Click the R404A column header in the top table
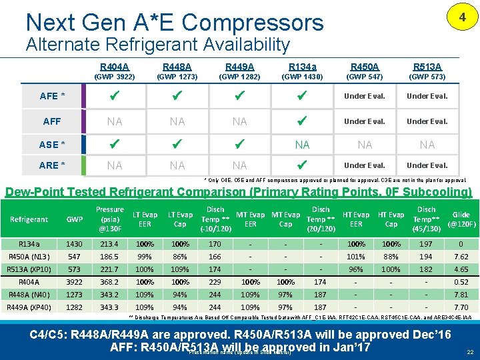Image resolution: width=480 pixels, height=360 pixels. [115, 67]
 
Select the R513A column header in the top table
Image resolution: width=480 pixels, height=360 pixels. [427, 67]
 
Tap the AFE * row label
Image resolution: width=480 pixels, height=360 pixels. [52, 96]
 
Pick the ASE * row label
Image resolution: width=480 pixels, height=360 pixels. [52, 145]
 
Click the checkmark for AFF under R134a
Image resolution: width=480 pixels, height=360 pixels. [302, 121]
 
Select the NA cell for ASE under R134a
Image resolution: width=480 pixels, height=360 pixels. [302, 145]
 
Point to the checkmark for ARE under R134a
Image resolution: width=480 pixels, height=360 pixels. [302, 165]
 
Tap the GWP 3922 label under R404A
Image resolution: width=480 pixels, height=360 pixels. [115, 77]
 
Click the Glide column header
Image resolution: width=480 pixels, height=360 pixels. [461, 219]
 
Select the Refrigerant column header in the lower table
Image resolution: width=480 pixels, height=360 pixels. [29, 219]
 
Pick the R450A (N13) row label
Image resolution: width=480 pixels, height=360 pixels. [29, 256]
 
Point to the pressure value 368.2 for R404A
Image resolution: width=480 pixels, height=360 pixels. [109, 282]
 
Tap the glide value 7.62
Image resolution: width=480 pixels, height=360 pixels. [461, 256]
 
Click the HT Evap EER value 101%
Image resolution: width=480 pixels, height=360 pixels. [356, 256]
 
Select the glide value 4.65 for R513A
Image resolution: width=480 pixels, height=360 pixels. [461, 269]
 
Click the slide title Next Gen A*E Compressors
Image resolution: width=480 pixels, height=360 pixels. [174, 23]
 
